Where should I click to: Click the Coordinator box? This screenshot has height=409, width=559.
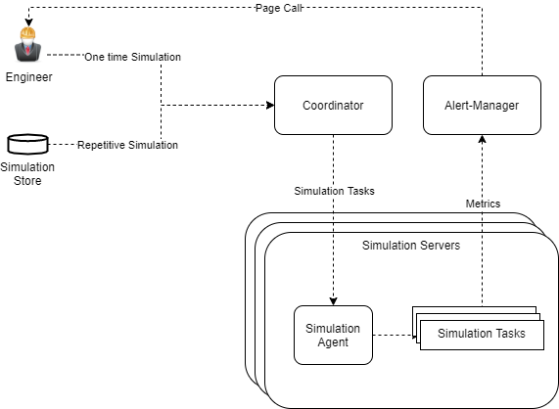[x=333, y=105]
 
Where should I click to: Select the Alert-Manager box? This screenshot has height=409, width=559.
[x=482, y=105]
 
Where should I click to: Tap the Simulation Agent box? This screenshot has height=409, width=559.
[x=333, y=335]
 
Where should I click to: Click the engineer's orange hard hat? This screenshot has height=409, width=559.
[x=27, y=33]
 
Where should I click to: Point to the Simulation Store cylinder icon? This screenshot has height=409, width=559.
[x=27, y=144]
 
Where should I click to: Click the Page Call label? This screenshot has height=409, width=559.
[x=279, y=8]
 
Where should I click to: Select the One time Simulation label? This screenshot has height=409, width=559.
[x=132, y=57]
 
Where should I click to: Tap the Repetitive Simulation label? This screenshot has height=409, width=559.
[x=127, y=145]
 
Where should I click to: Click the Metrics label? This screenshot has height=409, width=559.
[x=483, y=204]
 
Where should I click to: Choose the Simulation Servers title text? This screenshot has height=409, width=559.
[x=411, y=246]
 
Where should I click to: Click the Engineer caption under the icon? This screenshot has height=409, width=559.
[x=28, y=77]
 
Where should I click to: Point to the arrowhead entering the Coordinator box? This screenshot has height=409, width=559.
[x=270, y=105]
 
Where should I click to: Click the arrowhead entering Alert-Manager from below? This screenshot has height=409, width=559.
[x=482, y=139]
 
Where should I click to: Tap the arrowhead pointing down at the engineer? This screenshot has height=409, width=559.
[x=28, y=23]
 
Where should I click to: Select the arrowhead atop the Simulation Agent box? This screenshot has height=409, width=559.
[x=333, y=301]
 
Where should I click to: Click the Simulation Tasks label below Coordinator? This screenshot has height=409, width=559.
[x=335, y=191]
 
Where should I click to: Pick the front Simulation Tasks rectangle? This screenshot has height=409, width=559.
[x=482, y=335]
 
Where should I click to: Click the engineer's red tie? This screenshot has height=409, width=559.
[x=27, y=49]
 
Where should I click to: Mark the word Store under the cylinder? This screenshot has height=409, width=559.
[x=27, y=181]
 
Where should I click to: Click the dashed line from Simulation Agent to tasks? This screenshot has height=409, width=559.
[x=395, y=335]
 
